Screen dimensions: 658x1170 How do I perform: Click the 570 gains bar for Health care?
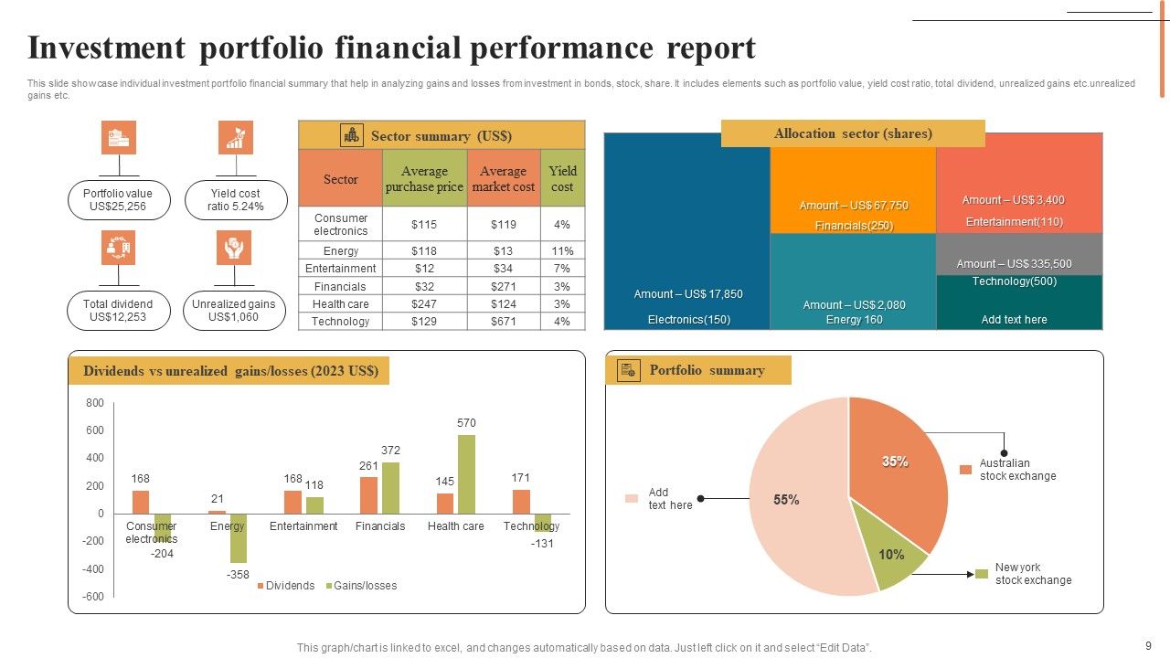pos(466,474)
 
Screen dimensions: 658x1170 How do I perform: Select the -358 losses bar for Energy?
pos(238,538)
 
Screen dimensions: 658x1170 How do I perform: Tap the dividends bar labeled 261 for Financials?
pos(368,495)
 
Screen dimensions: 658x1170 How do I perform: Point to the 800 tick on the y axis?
pos(95,403)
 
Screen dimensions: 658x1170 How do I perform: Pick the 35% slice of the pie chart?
pos(900,466)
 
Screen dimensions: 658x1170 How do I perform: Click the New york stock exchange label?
pos(1033,574)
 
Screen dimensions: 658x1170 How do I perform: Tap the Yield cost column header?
pos(562,179)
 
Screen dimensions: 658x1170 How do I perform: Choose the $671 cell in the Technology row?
pos(503,322)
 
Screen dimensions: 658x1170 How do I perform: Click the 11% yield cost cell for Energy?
pos(562,251)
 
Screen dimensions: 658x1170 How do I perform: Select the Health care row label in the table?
pos(340,304)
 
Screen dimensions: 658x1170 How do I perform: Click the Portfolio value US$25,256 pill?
pos(118,200)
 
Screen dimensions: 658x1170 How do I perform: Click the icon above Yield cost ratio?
pos(236,137)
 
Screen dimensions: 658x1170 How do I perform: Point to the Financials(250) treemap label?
pos(854,226)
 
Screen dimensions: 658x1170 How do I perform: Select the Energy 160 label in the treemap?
pos(854,320)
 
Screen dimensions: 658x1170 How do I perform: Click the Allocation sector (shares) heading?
pos(853,133)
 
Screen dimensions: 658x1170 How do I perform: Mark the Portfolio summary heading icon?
pos(629,370)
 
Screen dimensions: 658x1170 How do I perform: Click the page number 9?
pos(1148,644)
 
